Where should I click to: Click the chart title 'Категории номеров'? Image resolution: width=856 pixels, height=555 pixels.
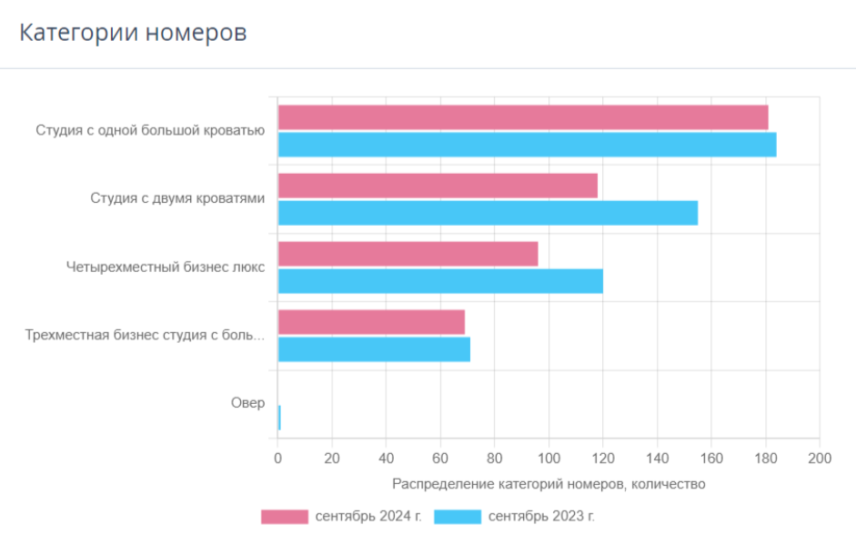[x=133, y=32]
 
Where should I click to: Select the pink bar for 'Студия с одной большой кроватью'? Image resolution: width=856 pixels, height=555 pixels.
[x=523, y=117]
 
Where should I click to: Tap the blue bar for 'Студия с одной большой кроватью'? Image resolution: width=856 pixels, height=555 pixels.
[x=528, y=145]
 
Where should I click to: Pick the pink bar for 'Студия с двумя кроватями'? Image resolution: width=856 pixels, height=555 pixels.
[x=438, y=186]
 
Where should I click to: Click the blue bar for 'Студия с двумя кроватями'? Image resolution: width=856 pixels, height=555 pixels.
[x=488, y=213]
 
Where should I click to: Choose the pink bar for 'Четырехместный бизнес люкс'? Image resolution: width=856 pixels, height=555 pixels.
[x=408, y=254]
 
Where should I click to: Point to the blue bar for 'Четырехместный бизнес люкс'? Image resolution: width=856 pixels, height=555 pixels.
[x=440, y=281]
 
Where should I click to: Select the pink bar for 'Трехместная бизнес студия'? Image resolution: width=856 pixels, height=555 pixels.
[x=372, y=322]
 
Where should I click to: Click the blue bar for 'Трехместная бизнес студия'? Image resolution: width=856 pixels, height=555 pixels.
[x=375, y=349]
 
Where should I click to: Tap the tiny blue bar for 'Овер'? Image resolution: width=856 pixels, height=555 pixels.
[x=279, y=418]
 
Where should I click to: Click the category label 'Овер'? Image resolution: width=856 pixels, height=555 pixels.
[x=247, y=403]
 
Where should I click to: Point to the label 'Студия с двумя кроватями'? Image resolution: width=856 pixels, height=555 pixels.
[x=177, y=198]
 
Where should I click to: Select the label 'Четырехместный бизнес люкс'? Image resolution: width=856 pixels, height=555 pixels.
[x=166, y=267]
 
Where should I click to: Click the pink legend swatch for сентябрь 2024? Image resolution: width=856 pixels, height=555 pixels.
[x=285, y=517]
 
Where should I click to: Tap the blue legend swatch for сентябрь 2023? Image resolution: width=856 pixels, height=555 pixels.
[x=458, y=517]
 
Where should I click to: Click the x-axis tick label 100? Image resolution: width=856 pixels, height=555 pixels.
[x=549, y=459]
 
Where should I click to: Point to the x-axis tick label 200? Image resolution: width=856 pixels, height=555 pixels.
[x=820, y=459]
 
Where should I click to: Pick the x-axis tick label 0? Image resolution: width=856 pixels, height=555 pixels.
[x=277, y=459]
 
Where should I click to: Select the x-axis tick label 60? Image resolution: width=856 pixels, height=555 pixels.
[x=440, y=459]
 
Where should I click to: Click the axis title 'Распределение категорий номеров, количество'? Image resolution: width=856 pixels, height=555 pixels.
[x=549, y=484]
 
